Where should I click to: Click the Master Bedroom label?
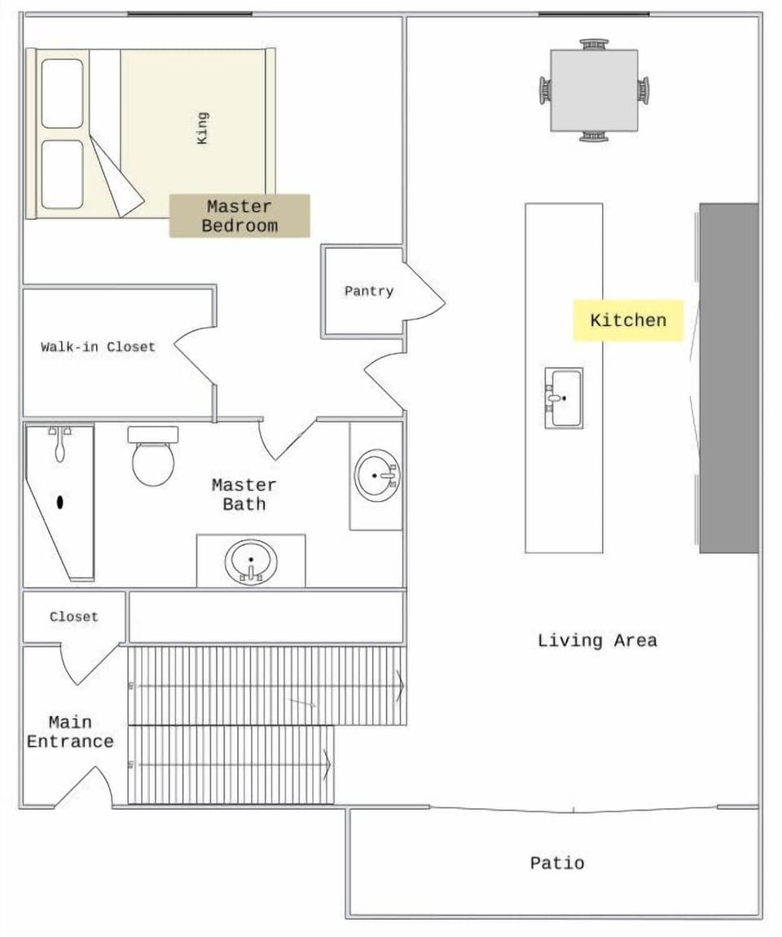click(239, 216)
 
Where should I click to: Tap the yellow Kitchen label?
click(627, 320)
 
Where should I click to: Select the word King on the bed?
click(203, 128)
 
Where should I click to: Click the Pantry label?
click(368, 291)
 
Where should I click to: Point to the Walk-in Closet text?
click(98, 346)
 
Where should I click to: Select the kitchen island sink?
click(564, 398)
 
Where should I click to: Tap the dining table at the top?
click(594, 90)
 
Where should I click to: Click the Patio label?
click(557, 863)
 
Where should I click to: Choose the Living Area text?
click(597, 640)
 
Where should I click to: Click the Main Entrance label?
click(70, 732)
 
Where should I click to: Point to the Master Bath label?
click(244, 495)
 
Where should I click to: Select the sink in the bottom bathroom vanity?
click(251, 563)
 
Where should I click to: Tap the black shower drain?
click(60, 502)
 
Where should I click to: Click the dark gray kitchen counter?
click(729, 378)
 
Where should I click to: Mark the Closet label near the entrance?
click(73, 617)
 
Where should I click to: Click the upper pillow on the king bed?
click(62, 93)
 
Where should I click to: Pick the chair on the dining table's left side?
click(544, 90)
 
